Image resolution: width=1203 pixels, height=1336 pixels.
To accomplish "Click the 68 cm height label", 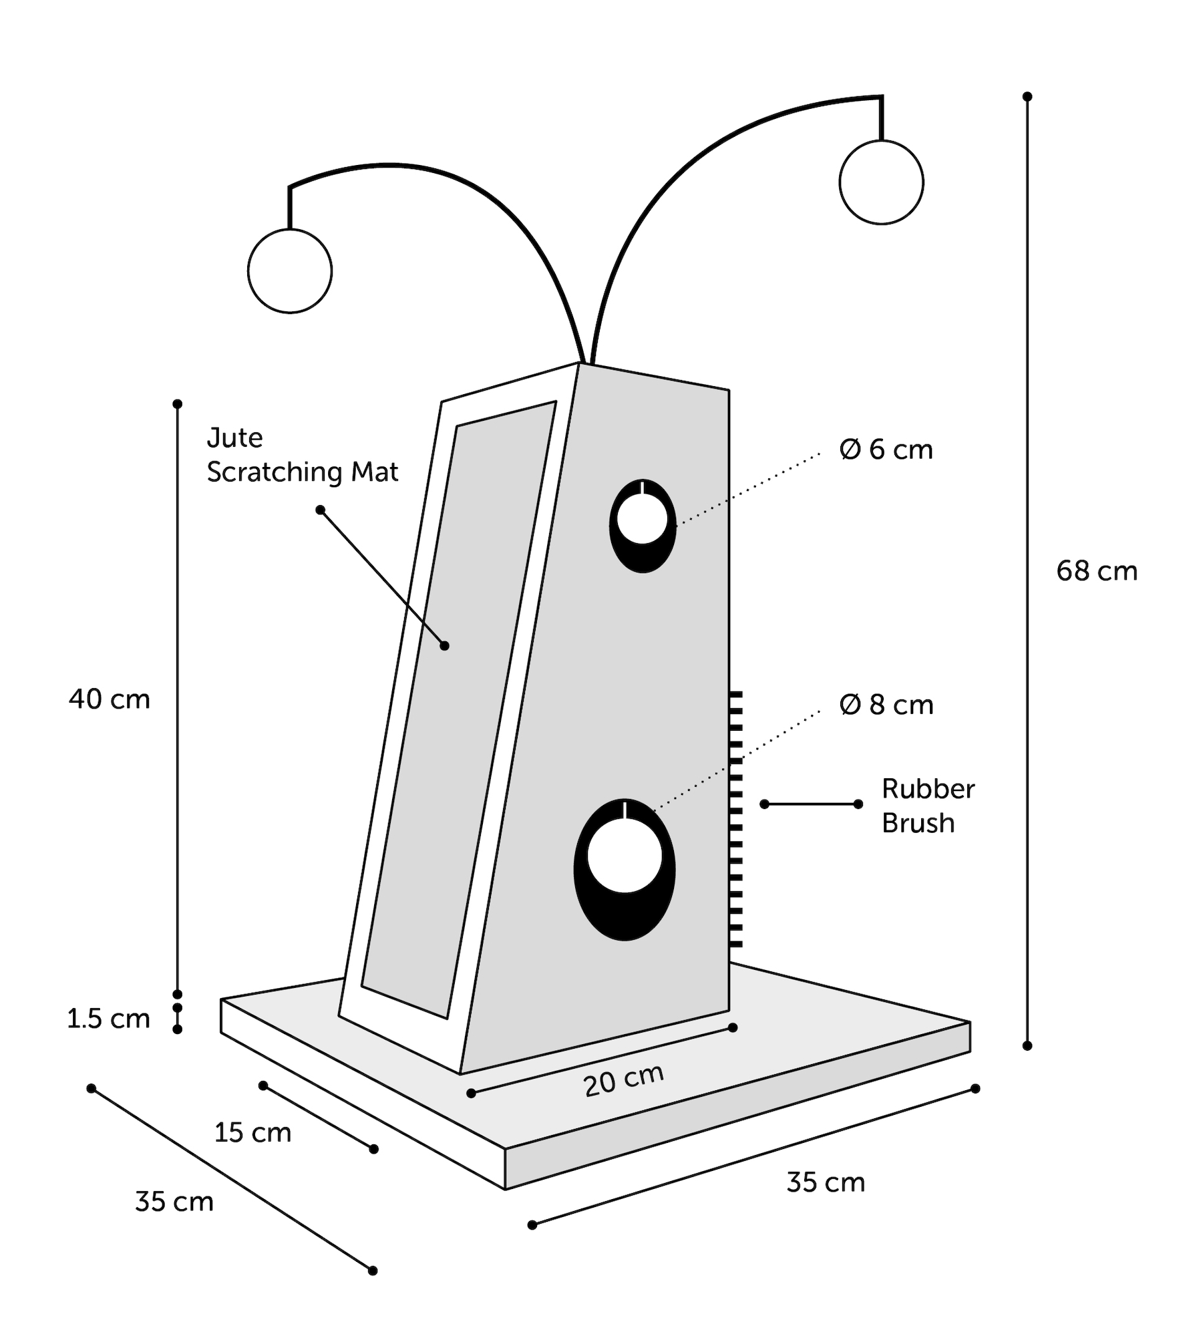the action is pos(1097,572).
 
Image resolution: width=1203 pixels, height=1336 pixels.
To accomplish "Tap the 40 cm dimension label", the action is pos(110,699).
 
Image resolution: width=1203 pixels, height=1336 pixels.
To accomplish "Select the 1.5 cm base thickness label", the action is pos(108,1019).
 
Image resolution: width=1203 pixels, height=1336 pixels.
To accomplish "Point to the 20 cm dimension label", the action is pos(624,1080).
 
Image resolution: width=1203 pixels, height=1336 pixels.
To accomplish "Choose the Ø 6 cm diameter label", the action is pos(886,450).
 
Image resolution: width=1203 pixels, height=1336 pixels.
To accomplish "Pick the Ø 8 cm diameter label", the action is pos(886,705).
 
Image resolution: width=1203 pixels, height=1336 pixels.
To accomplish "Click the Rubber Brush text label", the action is pos(928,806).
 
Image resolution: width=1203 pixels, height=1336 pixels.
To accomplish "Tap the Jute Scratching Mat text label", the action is pos(303,455).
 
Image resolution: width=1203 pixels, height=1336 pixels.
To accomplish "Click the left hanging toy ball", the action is pos(290,271).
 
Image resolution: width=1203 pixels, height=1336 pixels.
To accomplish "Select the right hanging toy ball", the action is pos(882,182).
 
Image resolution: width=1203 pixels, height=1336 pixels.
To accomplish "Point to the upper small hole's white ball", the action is pos(643,519).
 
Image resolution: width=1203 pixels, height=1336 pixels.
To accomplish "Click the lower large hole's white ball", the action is pos(625,856).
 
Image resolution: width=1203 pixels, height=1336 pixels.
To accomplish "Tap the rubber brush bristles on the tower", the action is pos(735,819).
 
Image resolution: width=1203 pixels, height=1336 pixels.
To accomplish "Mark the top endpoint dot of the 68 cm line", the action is pos(1027,97).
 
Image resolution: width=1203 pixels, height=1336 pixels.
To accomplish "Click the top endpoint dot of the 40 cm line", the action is pos(178,404).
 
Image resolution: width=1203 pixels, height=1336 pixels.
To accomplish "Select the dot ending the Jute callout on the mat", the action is pos(445,646).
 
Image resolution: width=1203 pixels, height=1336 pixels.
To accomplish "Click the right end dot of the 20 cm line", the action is pos(733,1027).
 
